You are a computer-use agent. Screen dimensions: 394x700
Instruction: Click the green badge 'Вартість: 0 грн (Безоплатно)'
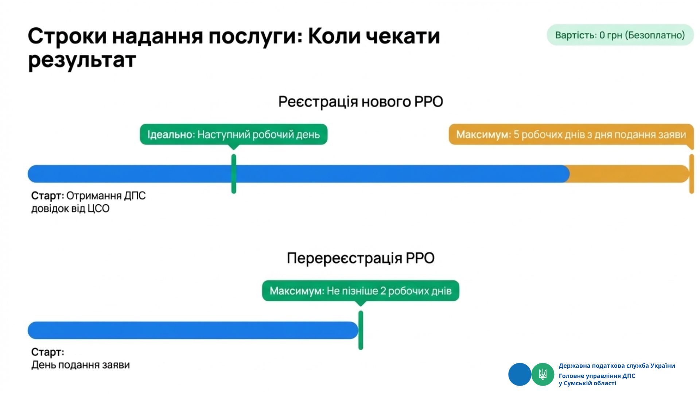click(620, 35)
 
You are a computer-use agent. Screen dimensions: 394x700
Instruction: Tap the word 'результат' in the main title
click(82, 60)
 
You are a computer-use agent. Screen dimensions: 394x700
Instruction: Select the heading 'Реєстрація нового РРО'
click(361, 102)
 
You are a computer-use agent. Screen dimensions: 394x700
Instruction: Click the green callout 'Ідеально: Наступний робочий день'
click(234, 135)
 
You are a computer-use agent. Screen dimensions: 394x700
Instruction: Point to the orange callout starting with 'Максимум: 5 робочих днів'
click(571, 135)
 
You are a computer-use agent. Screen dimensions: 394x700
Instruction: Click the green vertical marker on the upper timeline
click(234, 174)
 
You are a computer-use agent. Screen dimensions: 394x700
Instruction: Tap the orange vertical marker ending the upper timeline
click(691, 174)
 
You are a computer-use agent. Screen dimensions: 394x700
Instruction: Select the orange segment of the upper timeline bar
click(627, 174)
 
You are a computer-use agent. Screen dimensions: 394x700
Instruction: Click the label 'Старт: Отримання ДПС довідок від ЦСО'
click(88, 202)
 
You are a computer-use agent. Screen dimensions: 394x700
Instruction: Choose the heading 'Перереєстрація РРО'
click(361, 258)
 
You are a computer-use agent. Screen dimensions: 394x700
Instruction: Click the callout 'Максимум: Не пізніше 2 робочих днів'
click(361, 291)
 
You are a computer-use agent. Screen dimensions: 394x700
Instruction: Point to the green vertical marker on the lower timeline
click(361, 330)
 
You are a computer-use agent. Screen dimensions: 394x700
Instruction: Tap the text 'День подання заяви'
click(81, 365)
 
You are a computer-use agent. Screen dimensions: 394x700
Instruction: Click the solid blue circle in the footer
click(520, 374)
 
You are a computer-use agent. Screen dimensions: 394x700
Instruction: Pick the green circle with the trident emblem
click(542, 374)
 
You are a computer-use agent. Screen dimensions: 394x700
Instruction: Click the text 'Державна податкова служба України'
click(617, 366)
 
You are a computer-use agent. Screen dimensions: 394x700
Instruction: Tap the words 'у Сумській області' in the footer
click(587, 383)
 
